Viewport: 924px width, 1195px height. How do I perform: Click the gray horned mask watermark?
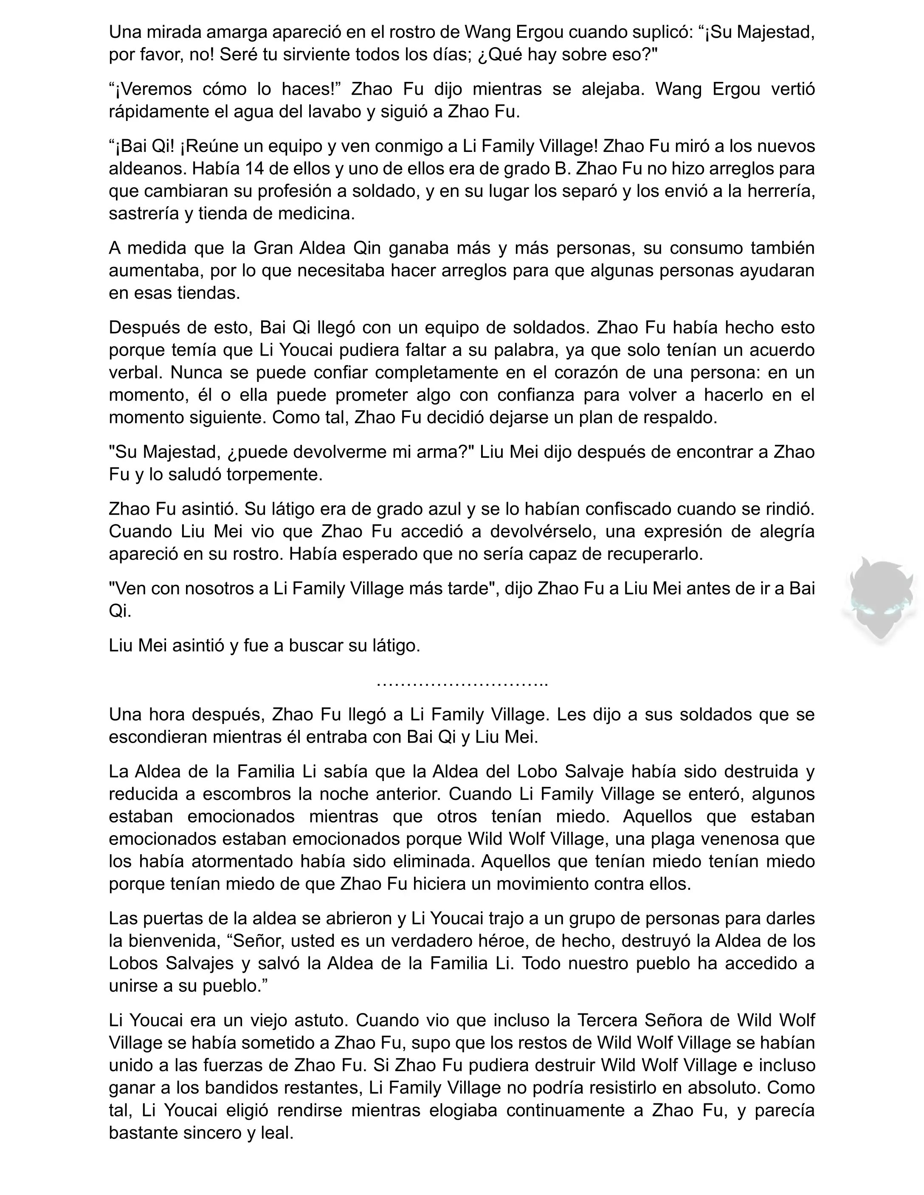880,600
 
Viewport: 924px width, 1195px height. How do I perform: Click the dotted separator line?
462,683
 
